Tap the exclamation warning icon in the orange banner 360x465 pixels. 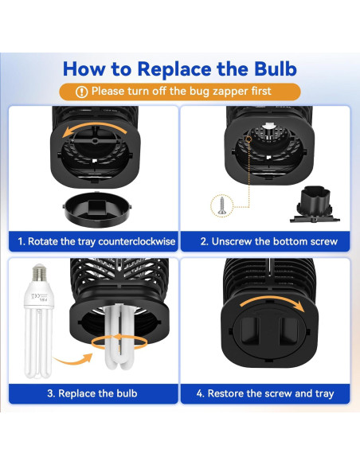tap(81, 92)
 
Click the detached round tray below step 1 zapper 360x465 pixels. tap(97, 209)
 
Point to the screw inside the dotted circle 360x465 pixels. tap(221, 205)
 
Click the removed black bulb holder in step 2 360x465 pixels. tap(315, 205)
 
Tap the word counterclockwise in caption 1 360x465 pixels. tap(137, 241)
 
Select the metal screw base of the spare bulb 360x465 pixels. tap(39, 272)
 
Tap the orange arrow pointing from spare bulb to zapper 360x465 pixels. tap(74, 359)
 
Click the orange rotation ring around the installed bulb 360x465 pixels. tap(119, 342)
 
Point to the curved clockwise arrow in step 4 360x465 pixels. tap(272, 301)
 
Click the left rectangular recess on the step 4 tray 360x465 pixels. tap(250, 330)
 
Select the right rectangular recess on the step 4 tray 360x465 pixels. tap(288, 330)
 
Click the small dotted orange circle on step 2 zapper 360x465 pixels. tap(248, 139)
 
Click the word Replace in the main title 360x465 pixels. tap(175, 69)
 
